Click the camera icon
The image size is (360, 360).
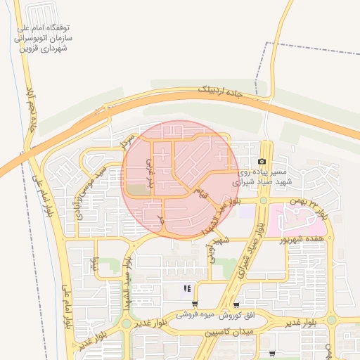pos(262,161)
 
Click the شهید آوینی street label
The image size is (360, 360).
pos(212,250)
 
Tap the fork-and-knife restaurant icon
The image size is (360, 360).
pos(187,288)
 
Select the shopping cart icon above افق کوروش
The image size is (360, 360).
pos(236,305)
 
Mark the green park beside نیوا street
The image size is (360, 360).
pos(106,266)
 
